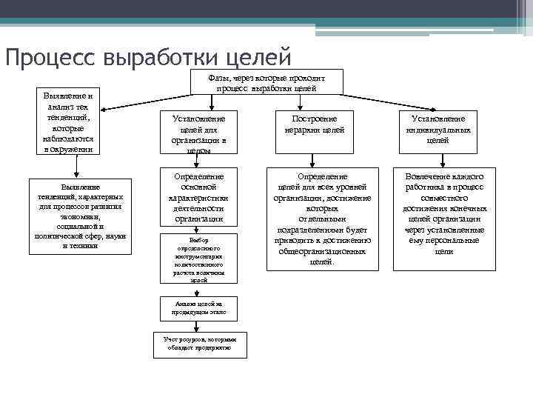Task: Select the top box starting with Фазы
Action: pos(266,82)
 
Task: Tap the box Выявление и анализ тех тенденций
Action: pos(67,121)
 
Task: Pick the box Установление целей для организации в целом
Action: pos(199,133)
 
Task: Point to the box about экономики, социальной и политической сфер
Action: pos(81,216)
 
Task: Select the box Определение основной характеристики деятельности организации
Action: pos(199,198)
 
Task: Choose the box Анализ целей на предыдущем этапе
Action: pos(198,308)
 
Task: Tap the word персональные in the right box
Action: pos(458,240)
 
